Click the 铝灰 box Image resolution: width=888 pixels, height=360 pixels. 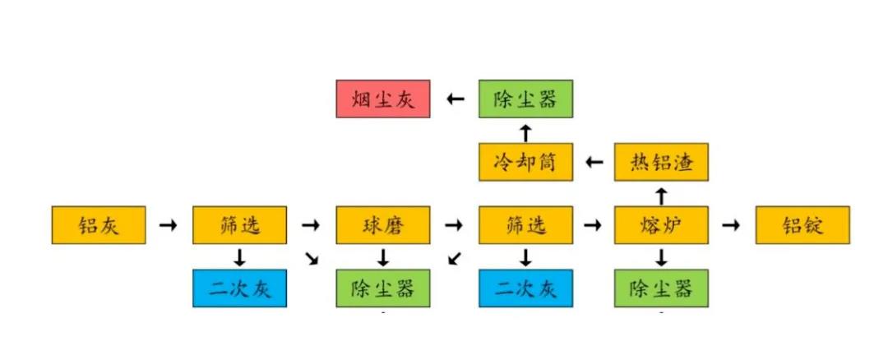click(99, 225)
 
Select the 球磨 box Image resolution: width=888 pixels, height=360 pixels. click(382, 225)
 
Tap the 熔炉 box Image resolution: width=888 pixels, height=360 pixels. click(661, 225)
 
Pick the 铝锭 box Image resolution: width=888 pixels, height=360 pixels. click(802, 225)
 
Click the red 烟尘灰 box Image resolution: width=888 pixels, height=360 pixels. click(383, 99)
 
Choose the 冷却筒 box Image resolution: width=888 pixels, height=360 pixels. click(525, 162)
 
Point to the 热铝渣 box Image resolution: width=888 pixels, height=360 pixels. click(661, 162)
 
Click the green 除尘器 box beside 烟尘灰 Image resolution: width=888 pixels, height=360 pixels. click(525, 99)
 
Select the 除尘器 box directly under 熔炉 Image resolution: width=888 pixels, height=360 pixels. click(661, 288)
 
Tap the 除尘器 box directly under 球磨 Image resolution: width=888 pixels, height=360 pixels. click(382, 288)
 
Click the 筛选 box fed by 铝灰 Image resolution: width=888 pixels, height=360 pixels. click(240, 225)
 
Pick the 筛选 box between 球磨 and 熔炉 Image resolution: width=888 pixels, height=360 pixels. click(525, 225)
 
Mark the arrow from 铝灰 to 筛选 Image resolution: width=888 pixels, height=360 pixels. click(168, 224)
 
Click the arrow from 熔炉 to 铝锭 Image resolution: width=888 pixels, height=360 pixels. click(731, 224)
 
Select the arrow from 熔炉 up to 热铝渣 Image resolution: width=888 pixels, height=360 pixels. click(661, 195)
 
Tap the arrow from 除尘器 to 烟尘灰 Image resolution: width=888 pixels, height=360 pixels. click(455, 99)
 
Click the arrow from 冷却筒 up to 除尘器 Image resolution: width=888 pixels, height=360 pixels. click(525, 132)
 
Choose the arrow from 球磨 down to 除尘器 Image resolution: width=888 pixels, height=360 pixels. click(382, 258)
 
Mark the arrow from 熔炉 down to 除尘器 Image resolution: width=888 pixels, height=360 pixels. click(661, 258)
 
